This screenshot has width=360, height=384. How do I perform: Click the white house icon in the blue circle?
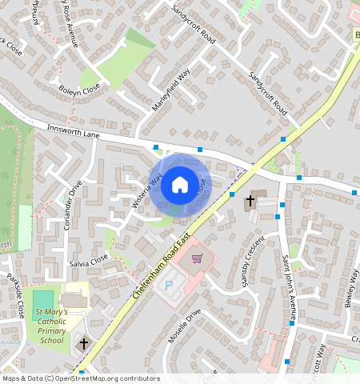pyautogui.click(x=180, y=185)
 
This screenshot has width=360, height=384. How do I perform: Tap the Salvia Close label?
pyautogui.click(x=88, y=261)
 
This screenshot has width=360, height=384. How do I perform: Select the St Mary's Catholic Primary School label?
pyautogui.click(x=50, y=326)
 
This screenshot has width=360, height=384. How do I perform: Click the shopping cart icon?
pyautogui.click(x=197, y=259)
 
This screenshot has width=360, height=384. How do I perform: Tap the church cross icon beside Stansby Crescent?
pyautogui.click(x=250, y=200)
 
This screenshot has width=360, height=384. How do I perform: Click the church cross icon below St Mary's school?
pyautogui.click(x=84, y=344)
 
